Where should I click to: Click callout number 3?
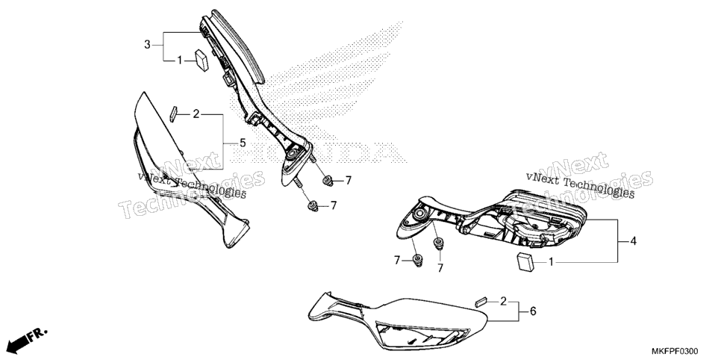(147, 45)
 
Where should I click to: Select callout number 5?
(243, 143)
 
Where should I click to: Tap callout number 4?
(633, 240)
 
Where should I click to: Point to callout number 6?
(533, 311)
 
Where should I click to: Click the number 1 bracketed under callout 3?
(181, 60)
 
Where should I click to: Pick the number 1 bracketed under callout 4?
(552, 262)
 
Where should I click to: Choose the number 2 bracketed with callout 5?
(196, 114)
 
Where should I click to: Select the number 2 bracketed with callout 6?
(503, 302)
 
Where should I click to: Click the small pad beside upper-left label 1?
(202, 60)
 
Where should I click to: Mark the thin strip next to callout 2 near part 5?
(173, 114)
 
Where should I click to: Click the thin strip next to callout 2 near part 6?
(480, 302)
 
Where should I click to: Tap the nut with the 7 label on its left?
(418, 260)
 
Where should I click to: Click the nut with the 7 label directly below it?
(438, 243)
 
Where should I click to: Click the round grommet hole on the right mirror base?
(419, 214)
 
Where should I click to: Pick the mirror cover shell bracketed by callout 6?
(398, 321)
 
